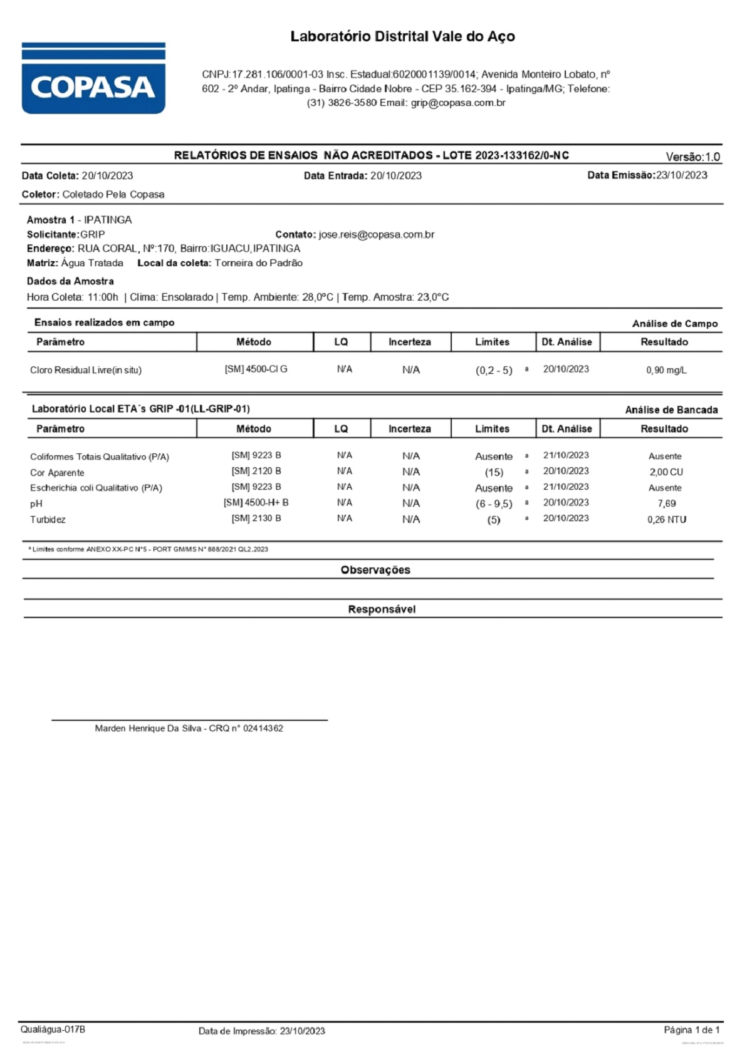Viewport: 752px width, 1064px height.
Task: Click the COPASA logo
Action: click(x=93, y=79)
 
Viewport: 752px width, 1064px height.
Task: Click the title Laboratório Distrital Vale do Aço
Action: click(x=402, y=36)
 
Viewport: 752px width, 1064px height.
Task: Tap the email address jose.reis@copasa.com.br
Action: click(x=376, y=235)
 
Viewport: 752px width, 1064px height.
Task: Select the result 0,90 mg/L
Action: click(x=666, y=370)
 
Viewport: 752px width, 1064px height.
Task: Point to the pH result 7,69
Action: click(x=666, y=504)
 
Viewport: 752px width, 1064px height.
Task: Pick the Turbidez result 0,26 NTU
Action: click(x=666, y=520)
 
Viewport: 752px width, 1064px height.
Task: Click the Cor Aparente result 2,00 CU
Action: click(x=666, y=472)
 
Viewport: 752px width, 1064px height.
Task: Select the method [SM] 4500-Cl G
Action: click(x=256, y=369)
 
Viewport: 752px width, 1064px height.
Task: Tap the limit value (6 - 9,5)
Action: click(x=494, y=504)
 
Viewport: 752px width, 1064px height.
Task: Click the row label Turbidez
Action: click(x=48, y=520)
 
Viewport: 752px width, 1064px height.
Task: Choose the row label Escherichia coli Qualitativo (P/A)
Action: click(x=96, y=488)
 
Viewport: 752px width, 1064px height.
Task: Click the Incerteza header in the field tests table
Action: click(x=410, y=342)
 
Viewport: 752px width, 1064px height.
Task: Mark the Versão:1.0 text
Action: click(x=692, y=157)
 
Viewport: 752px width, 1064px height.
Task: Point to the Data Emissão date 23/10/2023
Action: click(x=681, y=175)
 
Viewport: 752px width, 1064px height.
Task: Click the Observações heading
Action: click(x=375, y=570)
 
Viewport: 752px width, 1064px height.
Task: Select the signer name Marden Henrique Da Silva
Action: click(x=149, y=728)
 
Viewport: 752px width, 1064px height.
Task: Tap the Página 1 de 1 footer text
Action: click(x=692, y=1030)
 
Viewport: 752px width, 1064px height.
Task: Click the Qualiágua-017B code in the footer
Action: click(x=53, y=1030)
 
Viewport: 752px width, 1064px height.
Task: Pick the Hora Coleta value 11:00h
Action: click(x=103, y=297)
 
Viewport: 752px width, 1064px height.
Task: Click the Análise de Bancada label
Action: click(x=671, y=410)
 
